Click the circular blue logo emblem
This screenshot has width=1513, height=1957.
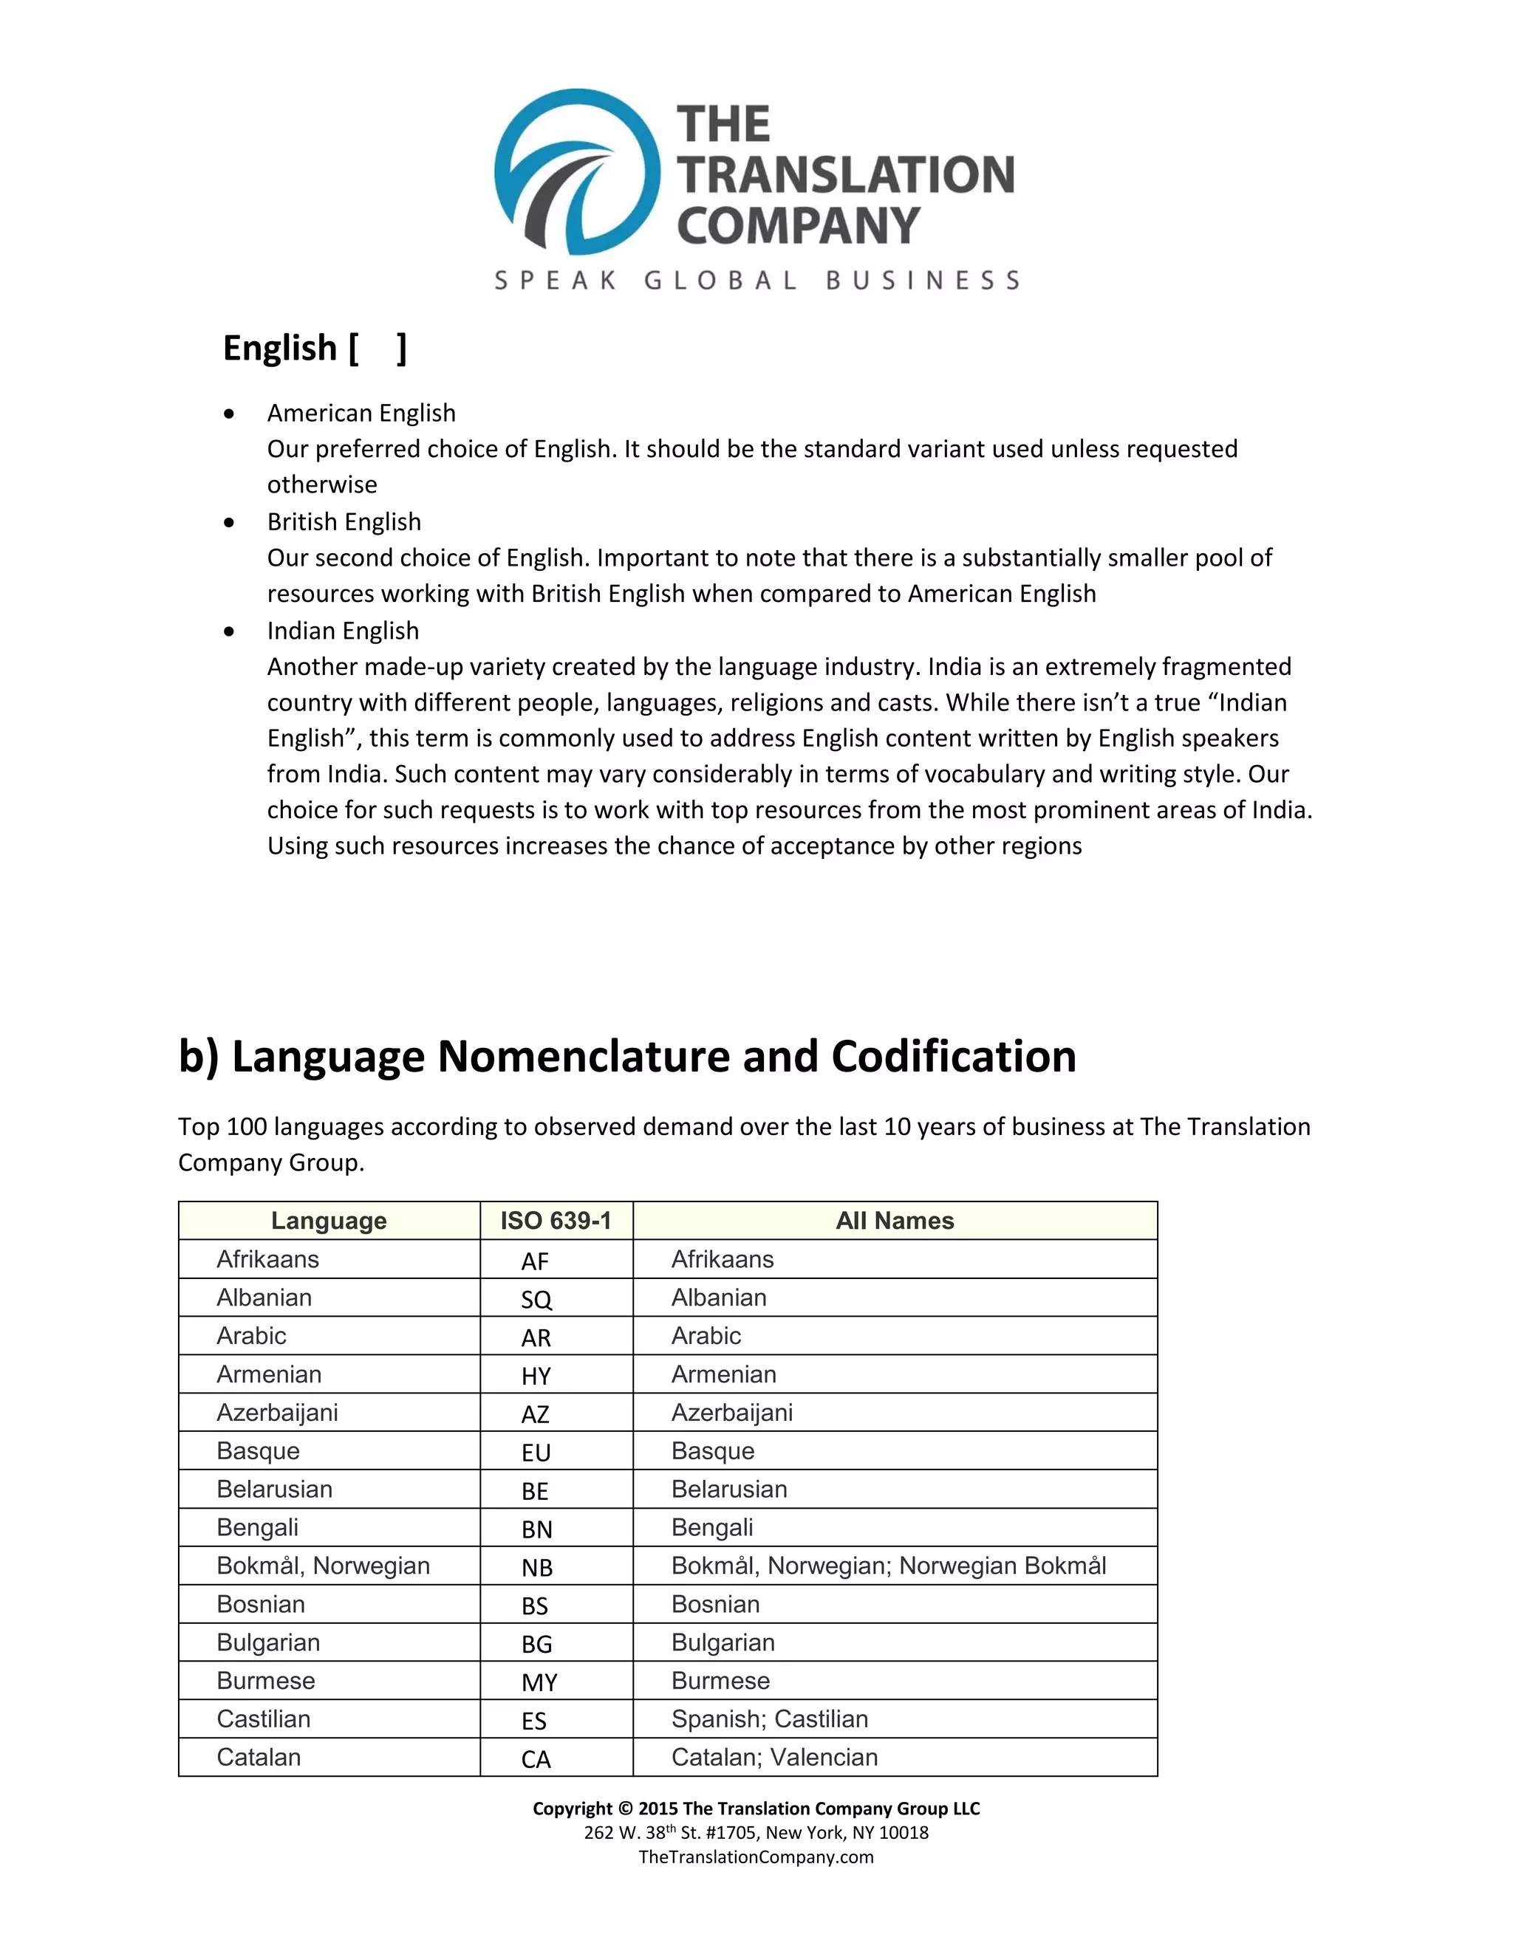pyautogui.click(x=576, y=171)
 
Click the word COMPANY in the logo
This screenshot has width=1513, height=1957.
pyautogui.click(x=798, y=225)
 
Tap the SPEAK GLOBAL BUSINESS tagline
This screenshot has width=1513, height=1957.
pyautogui.click(x=756, y=281)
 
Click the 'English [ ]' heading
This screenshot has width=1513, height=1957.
pyautogui.click(x=314, y=348)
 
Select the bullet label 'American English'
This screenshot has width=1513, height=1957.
pyautogui.click(x=361, y=413)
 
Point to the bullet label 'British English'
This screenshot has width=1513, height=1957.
pyautogui.click(x=344, y=521)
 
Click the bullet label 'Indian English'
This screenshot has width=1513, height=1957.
pyautogui.click(x=342, y=631)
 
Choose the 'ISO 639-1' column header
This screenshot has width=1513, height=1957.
pyautogui.click(x=556, y=1221)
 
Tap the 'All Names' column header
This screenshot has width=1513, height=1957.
pyautogui.click(x=895, y=1221)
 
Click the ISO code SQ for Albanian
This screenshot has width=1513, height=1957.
pyautogui.click(x=536, y=1299)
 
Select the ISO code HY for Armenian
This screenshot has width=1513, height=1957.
pyautogui.click(x=536, y=1376)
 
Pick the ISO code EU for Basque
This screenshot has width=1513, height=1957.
pyautogui.click(x=536, y=1453)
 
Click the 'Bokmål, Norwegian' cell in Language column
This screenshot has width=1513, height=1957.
pyautogui.click(x=323, y=1566)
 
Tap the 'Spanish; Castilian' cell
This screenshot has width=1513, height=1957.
pyautogui.click(x=769, y=1718)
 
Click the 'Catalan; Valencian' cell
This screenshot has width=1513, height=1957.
pyautogui.click(x=773, y=1757)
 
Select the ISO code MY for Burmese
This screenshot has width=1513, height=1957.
pyautogui.click(x=539, y=1682)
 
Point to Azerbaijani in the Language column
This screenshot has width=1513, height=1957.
pyautogui.click(x=277, y=1412)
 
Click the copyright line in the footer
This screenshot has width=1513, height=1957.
pyautogui.click(x=756, y=1809)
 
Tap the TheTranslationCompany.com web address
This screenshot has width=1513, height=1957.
pyautogui.click(x=756, y=1857)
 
